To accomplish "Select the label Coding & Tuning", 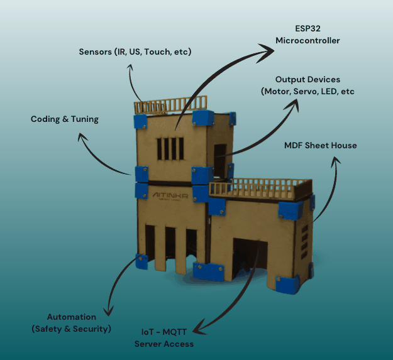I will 65,119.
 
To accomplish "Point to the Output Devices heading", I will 307,80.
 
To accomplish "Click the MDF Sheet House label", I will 321,146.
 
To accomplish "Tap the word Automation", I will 72,317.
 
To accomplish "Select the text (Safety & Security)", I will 72,329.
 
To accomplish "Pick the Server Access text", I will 164,344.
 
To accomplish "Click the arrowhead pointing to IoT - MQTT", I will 197,328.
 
